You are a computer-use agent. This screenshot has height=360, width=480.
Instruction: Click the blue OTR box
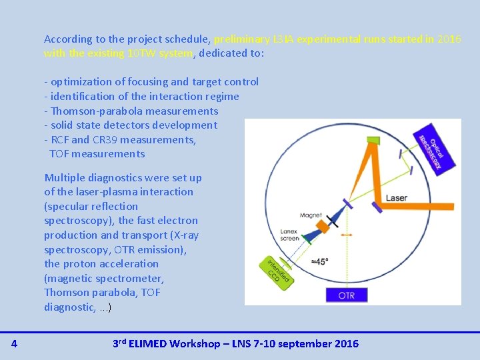tap(347, 295)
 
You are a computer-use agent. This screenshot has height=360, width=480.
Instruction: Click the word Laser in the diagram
tap(396, 198)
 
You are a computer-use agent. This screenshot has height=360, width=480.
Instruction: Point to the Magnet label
tap(310, 215)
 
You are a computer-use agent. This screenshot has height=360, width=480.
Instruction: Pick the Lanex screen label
tap(289, 234)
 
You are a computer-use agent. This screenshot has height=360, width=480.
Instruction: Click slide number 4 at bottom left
tap(14, 343)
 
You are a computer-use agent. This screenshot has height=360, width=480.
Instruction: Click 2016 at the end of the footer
tap(345, 343)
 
